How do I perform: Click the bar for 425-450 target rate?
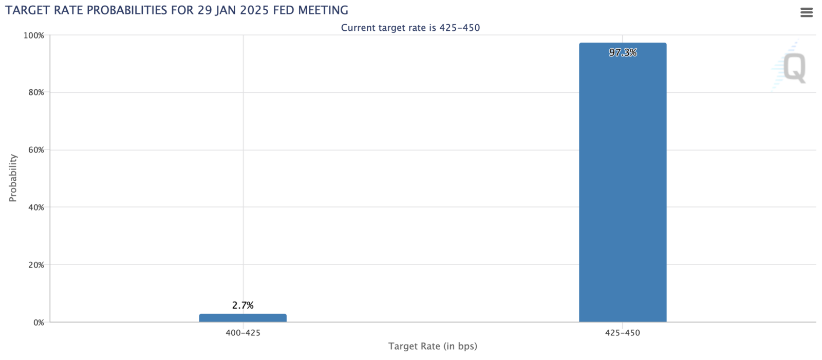point(622,182)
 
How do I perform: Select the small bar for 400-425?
point(242,318)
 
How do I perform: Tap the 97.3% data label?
point(623,52)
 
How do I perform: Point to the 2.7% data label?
point(242,305)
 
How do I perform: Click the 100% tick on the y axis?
point(34,35)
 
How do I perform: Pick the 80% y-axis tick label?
point(36,92)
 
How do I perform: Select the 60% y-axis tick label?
point(36,150)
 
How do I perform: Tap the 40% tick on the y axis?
point(36,207)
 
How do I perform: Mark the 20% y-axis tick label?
point(36,264)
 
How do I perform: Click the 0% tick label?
point(39,323)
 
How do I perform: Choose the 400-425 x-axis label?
point(243,333)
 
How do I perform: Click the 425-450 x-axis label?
point(622,333)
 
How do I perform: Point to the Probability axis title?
point(13,178)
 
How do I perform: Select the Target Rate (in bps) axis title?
point(433,346)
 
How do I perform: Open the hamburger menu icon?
point(806,12)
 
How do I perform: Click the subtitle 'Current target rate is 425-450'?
point(410,28)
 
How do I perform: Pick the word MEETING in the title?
point(323,10)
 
